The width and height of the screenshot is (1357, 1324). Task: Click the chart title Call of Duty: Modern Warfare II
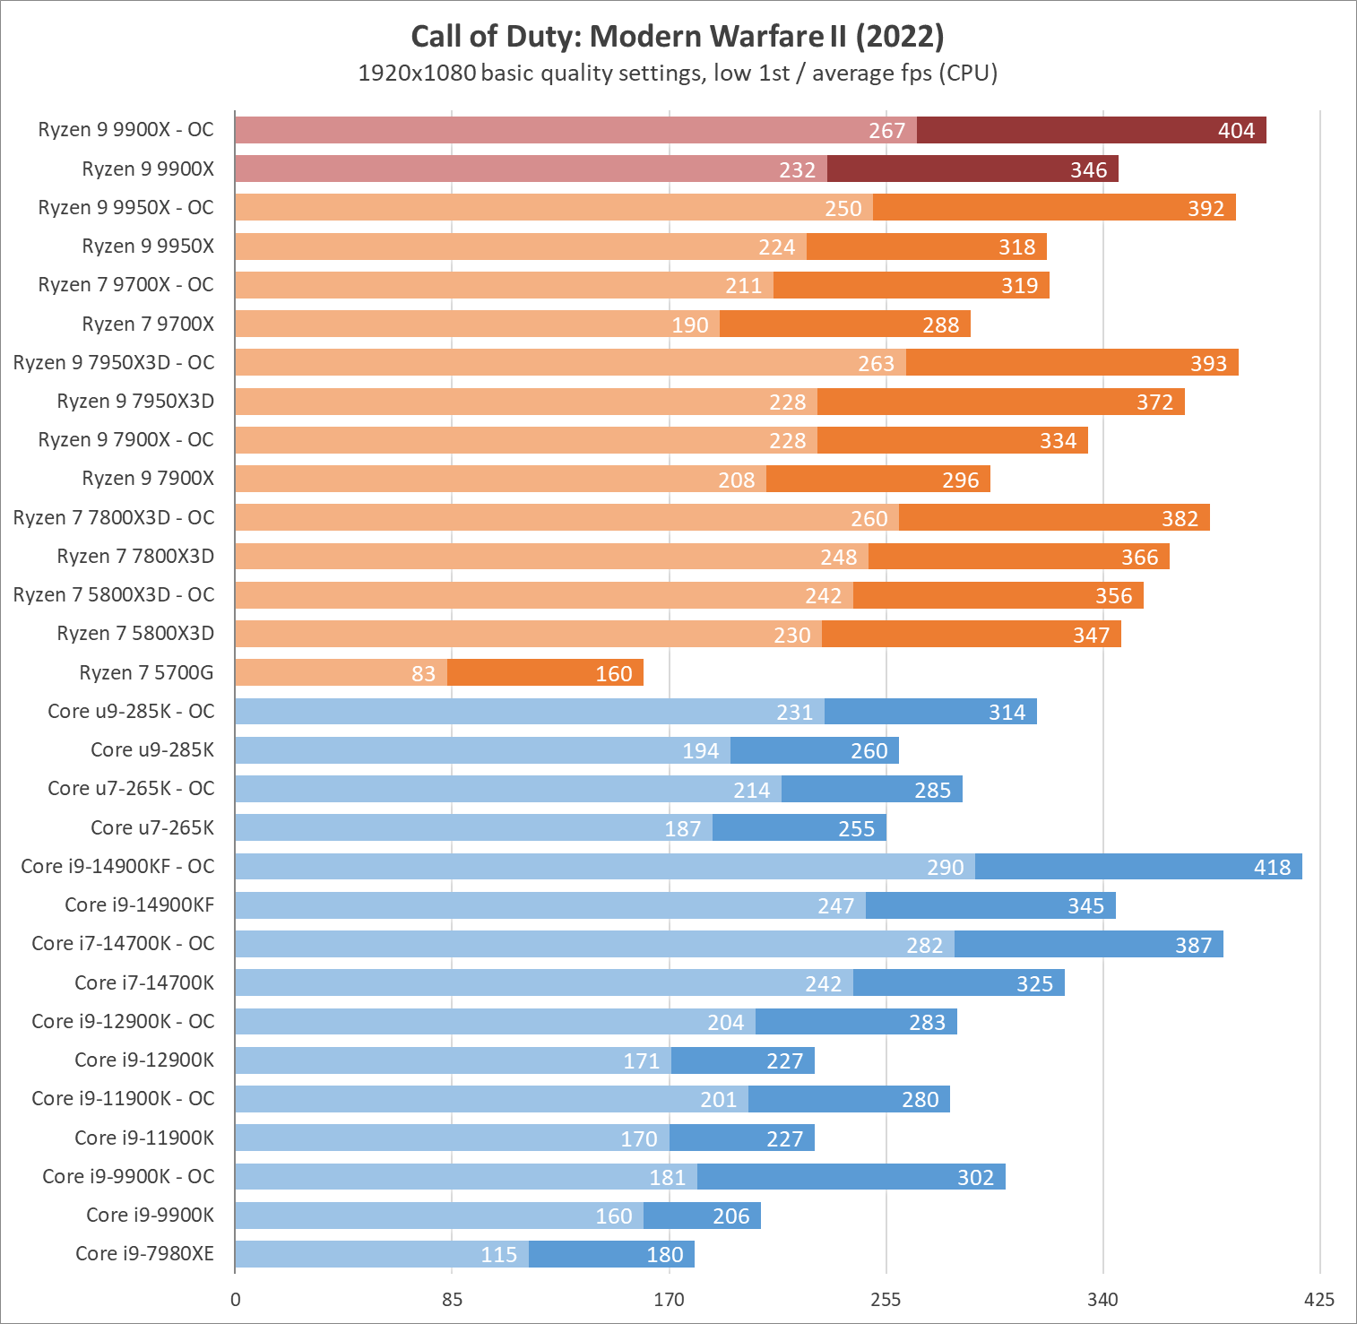[x=678, y=37]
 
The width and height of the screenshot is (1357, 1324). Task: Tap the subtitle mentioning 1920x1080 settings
[x=678, y=73]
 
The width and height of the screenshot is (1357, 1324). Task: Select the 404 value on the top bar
[x=1236, y=131]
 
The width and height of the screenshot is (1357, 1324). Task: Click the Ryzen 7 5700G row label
[x=146, y=672]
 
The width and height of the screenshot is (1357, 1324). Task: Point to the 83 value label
[x=423, y=674]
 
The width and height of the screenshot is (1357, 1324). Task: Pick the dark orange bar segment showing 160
[x=545, y=672]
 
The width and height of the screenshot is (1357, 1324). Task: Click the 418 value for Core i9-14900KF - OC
[x=1272, y=868]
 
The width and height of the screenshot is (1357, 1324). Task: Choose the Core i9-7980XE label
[x=144, y=1253]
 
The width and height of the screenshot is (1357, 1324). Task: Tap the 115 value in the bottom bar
[x=498, y=1255]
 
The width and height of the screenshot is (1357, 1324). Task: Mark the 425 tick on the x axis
[x=1319, y=1300]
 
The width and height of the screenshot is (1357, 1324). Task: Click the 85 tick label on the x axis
[x=452, y=1300]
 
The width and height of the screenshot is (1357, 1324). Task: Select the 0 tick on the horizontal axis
[x=235, y=1300]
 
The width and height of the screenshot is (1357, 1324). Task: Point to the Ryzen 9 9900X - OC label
[x=125, y=129]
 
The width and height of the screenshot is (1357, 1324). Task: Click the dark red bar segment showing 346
[x=972, y=169]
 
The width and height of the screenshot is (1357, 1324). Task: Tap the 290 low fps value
[x=945, y=868]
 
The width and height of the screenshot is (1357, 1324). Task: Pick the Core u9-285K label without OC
[x=152, y=749]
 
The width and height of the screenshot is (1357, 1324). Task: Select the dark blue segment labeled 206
[x=702, y=1216]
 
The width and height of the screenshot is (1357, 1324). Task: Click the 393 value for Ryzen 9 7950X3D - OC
[x=1208, y=364]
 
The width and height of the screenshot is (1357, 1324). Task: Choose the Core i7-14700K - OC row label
[x=123, y=943]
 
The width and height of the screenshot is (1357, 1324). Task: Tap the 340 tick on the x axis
[x=1102, y=1300]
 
